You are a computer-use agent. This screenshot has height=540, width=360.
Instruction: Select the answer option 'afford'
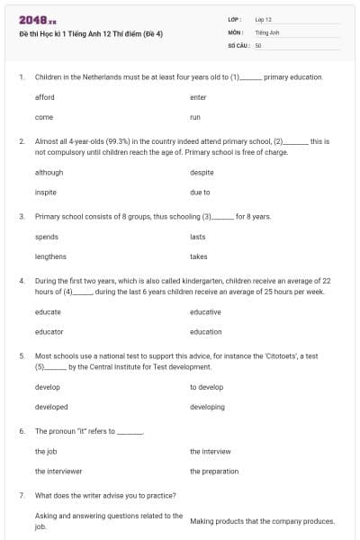coord(44,97)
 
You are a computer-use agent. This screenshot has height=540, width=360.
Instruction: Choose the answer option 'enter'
coord(198,97)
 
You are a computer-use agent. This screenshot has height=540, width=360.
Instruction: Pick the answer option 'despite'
coord(202,172)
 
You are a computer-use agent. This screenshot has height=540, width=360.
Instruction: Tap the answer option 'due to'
coord(200,192)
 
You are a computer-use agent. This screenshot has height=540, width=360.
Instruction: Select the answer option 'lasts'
coord(198,237)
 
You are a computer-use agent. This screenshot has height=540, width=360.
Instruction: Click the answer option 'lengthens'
coord(50,256)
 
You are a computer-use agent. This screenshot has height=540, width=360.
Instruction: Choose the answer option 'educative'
coord(205,311)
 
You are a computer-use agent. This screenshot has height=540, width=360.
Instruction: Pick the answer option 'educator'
coord(49,331)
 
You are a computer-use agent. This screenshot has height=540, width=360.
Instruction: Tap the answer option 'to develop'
coord(206,387)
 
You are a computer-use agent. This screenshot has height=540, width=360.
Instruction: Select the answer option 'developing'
coord(207,407)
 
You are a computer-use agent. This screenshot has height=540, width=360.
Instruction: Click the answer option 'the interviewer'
coord(58,471)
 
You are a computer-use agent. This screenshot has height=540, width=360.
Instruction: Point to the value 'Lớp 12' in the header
coord(263,19)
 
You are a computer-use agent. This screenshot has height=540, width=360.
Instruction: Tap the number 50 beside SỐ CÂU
coord(258,44)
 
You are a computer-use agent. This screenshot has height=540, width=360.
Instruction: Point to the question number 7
coord(21,495)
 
